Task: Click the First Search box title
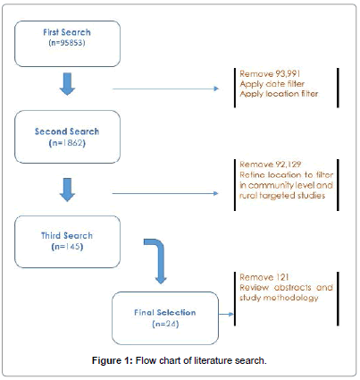pos(67,32)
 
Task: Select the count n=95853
pos(67,43)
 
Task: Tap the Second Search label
pos(67,131)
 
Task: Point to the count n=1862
pos(67,143)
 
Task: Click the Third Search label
pos(67,235)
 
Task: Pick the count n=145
pos(67,247)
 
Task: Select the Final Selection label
pos(165,312)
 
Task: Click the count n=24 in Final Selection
pos(165,324)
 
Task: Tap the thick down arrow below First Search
pos(67,84)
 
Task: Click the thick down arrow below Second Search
pos(67,190)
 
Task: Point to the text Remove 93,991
pos(270,73)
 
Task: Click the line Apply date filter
pos(272,84)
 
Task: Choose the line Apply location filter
pos(279,94)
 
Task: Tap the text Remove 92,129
pos(271,165)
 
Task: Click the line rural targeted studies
pos(282,196)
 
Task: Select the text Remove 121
pos(264,277)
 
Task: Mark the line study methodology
pos(279,298)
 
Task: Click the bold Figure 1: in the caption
pos(113,360)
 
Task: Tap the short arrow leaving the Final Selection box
pos(226,314)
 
